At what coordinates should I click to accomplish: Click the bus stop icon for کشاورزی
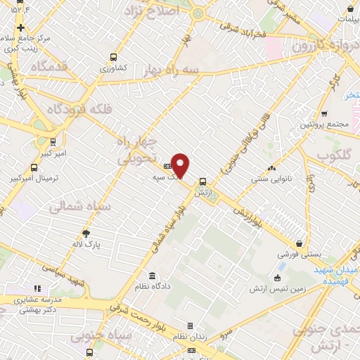[112, 58]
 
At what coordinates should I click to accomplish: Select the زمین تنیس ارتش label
[276, 289]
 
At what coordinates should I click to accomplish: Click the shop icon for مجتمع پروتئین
[324, 113]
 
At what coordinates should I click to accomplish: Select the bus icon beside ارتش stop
[202, 181]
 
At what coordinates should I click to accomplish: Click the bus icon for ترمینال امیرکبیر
[34, 167]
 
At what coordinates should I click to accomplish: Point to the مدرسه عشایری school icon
[37, 288]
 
